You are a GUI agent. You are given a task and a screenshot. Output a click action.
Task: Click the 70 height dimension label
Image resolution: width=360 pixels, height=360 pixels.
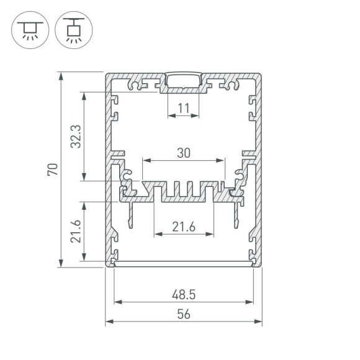(x=53, y=169)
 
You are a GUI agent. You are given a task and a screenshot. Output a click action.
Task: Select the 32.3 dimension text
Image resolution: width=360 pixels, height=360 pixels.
(x=74, y=136)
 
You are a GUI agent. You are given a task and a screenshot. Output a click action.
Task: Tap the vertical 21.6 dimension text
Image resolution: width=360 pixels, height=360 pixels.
(x=75, y=231)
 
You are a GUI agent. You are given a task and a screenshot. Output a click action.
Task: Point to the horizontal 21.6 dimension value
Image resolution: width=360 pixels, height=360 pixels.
(x=183, y=227)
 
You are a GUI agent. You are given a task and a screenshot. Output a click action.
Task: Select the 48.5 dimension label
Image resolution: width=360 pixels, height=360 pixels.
(x=184, y=294)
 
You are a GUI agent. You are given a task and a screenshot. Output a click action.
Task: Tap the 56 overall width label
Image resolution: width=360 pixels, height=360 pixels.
(x=184, y=314)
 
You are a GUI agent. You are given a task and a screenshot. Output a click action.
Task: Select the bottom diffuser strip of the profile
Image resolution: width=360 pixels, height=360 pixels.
(x=184, y=264)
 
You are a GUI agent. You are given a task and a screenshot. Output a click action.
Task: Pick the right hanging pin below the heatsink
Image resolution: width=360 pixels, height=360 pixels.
(x=236, y=215)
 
